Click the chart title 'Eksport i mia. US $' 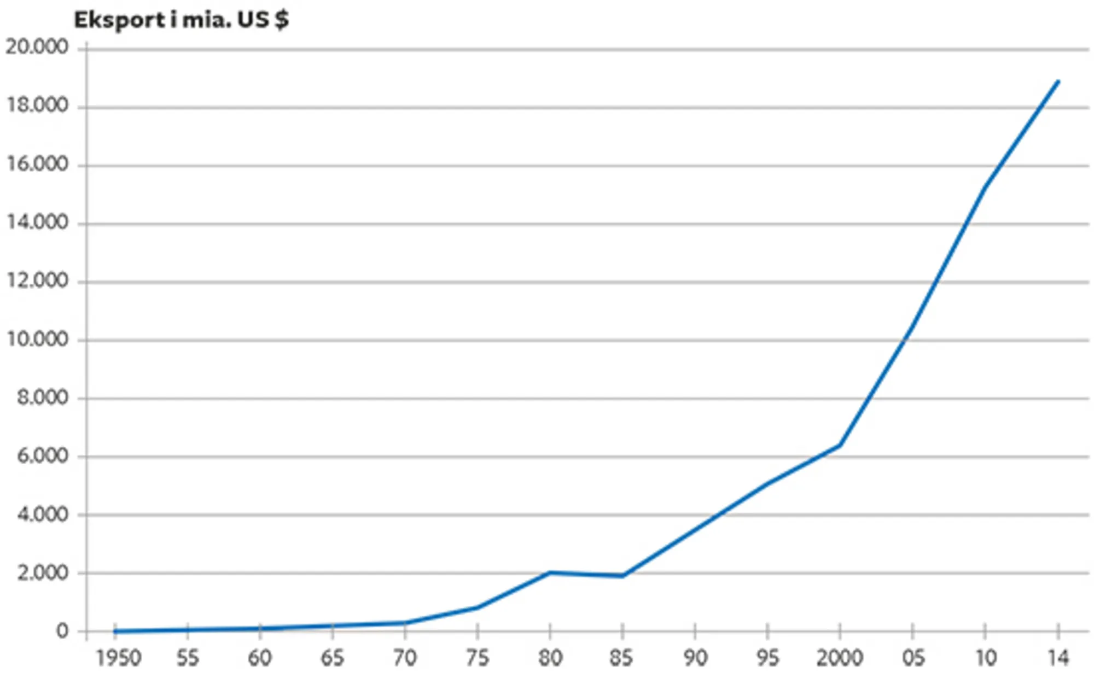click(x=181, y=20)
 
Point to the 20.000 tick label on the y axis click(x=37, y=47)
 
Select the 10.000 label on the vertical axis click(x=37, y=340)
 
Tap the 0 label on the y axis click(x=62, y=631)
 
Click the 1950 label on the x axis click(x=119, y=658)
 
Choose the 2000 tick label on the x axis click(x=840, y=658)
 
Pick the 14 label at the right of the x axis click(x=1058, y=658)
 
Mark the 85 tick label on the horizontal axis click(x=622, y=658)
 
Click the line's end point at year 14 click(x=1058, y=82)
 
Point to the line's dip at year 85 click(x=622, y=576)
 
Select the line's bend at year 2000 click(x=840, y=445)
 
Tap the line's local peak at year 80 click(x=550, y=572)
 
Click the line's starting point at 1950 click(x=115, y=631)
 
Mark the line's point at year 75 click(x=478, y=607)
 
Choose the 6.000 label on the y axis click(x=43, y=456)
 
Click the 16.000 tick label click(x=37, y=164)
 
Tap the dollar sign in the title click(x=282, y=20)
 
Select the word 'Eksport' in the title click(x=119, y=20)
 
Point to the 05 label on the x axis click(x=912, y=658)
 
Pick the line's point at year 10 click(x=985, y=188)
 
